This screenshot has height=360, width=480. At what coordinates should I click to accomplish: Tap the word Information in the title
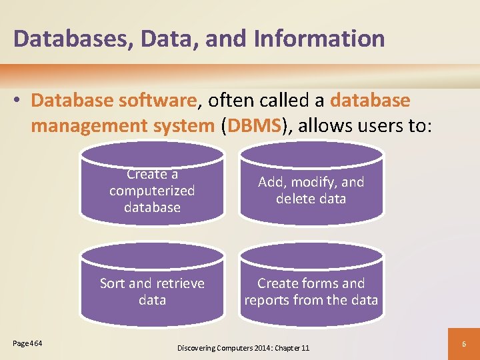point(319,38)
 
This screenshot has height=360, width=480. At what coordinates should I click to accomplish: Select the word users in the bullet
point(381,125)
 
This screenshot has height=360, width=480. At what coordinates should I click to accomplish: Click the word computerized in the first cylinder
point(152,191)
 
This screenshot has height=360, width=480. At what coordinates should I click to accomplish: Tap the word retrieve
point(179,283)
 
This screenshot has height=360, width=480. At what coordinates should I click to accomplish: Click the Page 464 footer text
point(28,343)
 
